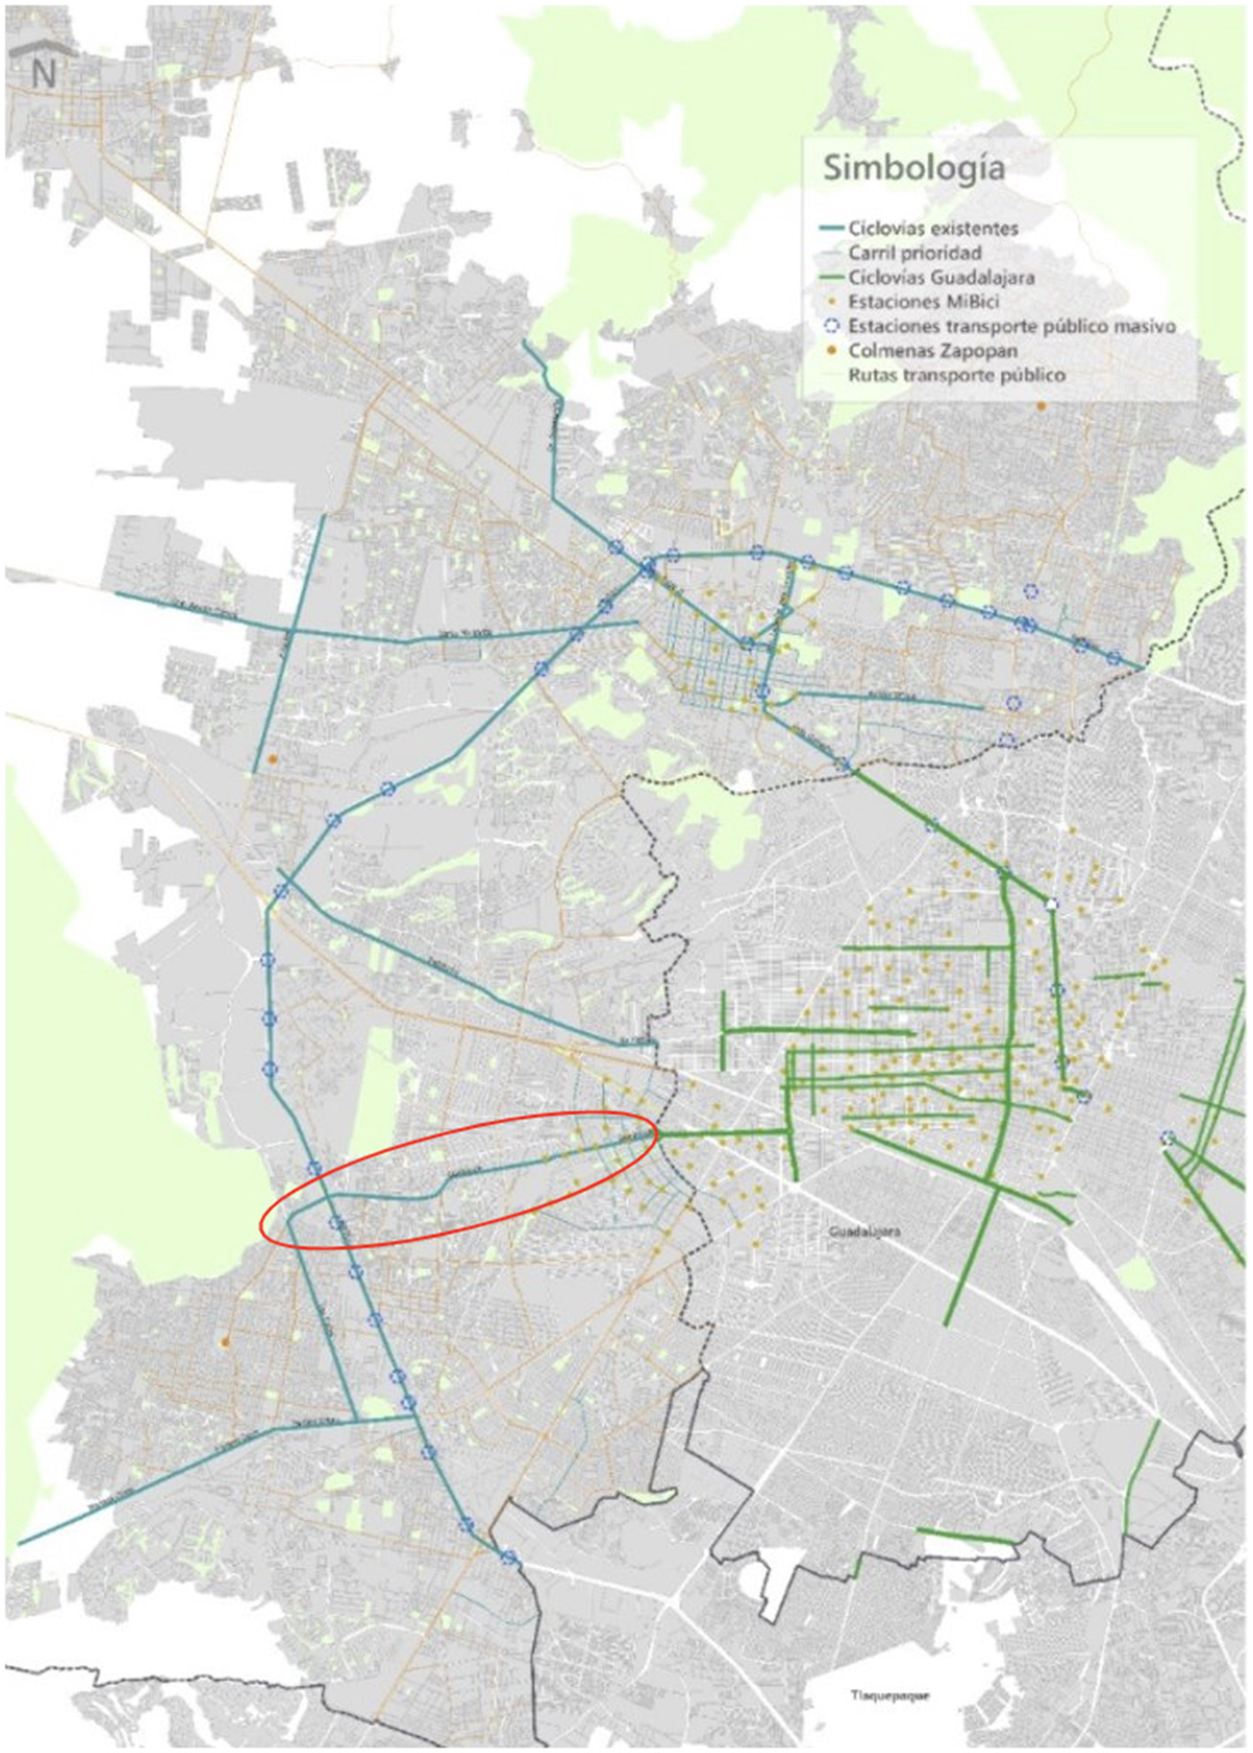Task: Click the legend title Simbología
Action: pyautogui.click(x=913, y=168)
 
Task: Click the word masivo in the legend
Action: pyautogui.click(x=1142, y=326)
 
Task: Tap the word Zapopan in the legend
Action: pyautogui.click(x=980, y=351)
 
